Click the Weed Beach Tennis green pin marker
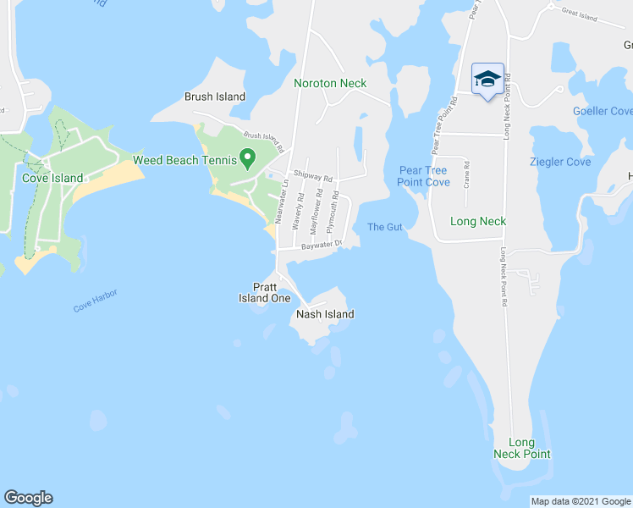(247, 157)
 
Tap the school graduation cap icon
(487, 80)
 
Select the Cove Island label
(52, 178)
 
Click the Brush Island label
(215, 97)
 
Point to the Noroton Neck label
(330, 83)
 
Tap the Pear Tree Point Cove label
(424, 176)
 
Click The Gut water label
(385, 226)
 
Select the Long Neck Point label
(521, 448)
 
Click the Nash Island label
(325, 314)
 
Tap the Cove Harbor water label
(95, 301)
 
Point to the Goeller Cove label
(603, 111)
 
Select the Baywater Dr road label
(321, 246)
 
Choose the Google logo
(28, 498)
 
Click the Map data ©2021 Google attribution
(581, 501)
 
